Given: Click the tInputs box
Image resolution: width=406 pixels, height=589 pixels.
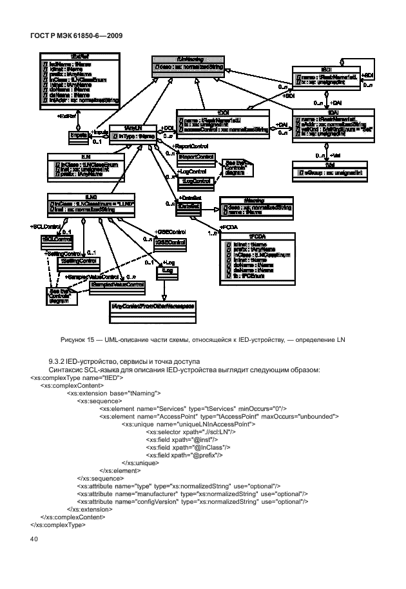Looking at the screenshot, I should [79, 135].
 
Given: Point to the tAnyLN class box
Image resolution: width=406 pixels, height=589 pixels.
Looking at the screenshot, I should [133, 133].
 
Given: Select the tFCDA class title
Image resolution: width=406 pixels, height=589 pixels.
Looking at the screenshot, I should [257, 237].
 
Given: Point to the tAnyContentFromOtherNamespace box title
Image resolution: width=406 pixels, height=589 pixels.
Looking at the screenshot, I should [153, 304].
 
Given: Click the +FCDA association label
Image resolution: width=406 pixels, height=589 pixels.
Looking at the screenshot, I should [229, 228].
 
